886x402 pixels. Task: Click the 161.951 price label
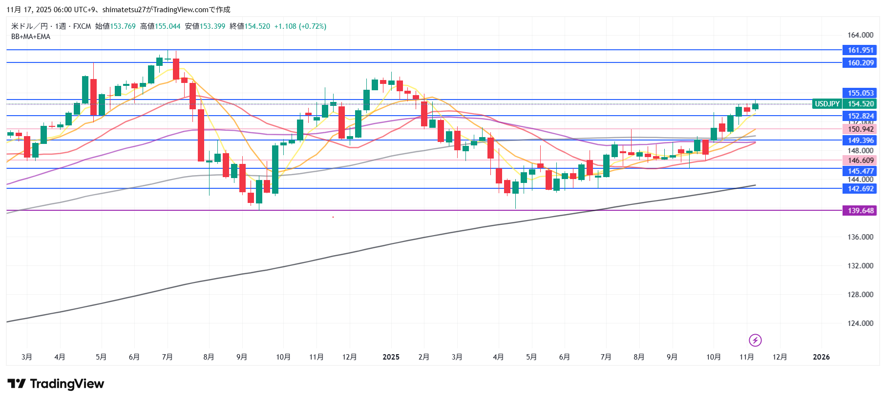pyautogui.click(x=860, y=50)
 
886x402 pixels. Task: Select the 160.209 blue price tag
pyautogui.click(x=860, y=63)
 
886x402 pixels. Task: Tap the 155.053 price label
pyautogui.click(x=860, y=93)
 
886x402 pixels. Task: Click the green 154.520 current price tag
pyautogui.click(x=860, y=104)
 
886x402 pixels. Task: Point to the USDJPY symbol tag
pyautogui.click(x=827, y=104)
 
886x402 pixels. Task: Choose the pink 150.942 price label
pyautogui.click(x=860, y=129)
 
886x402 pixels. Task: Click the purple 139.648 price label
pyautogui.click(x=860, y=211)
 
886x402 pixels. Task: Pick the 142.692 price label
pyautogui.click(x=860, y=189)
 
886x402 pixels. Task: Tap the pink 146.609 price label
pyautogui.click(x=860, y=161)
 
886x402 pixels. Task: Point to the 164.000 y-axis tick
pyautogui.click(x=860, y=35)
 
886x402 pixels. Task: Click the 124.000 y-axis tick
pyautogui.click(x=860, y=323)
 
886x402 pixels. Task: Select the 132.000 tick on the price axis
pyautogui.click(x=860, y=266)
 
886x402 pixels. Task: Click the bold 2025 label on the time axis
pyautogui.click(x=391, y=357)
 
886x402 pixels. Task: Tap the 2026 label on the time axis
pyautogui.click(x=821, y=357)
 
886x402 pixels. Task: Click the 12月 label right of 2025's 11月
pyautogui.click(x=780, y=357)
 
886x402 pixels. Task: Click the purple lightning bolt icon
pyautogui.click(x=755, y=340)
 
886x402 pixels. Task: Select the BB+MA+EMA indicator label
pyautogui.click(x=31, y=37)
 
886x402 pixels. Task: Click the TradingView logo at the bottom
pyautogui.click(x=56, y=384)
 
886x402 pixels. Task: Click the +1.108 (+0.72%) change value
pyautogui.click(x=300, y=26)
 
